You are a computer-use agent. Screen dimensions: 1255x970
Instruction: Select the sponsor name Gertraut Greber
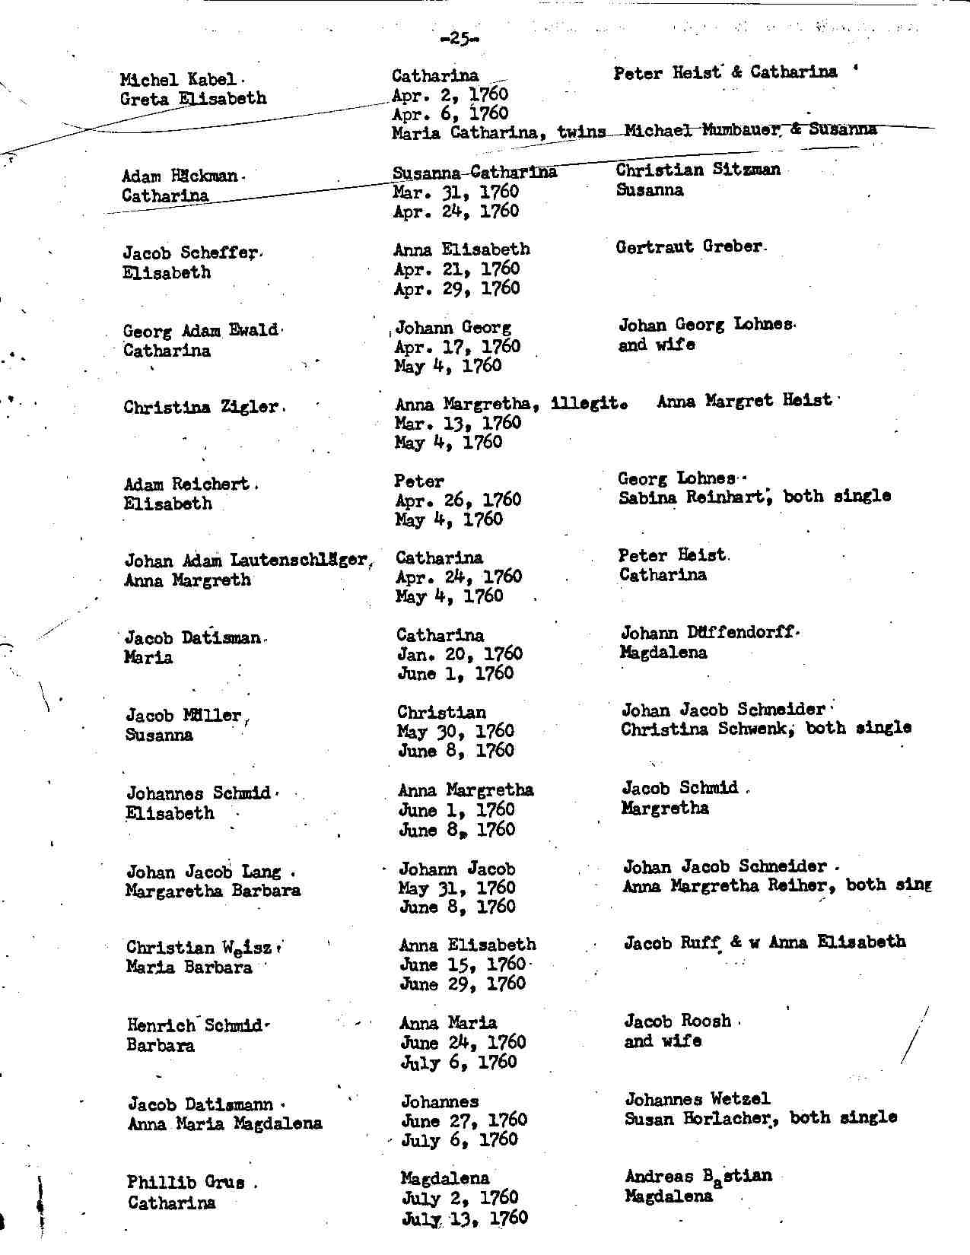tap(688, 246)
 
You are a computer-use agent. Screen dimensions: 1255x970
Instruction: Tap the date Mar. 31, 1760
tap(456, 192)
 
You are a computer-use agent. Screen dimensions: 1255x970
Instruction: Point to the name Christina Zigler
tap(201, 407)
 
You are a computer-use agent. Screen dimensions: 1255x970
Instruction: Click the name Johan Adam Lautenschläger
tap(245, 561)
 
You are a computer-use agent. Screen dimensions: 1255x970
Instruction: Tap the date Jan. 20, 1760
tap(460, 654)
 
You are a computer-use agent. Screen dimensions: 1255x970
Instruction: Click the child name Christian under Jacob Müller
tap(441, 712)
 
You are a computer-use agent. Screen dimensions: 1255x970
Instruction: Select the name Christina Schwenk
tap(704, 729)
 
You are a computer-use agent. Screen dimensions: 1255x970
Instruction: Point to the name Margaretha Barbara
tap(213, 890)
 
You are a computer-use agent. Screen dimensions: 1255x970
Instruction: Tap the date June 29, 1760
tap(463, 984)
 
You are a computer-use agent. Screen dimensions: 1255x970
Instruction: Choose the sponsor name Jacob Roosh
tap(677, 1021)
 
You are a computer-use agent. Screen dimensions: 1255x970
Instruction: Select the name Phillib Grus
tap(186, 1183)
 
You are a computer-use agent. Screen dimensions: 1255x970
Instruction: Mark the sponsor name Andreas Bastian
tap(698, 1177)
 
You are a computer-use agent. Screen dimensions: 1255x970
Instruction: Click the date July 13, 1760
tap(464, 1218)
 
